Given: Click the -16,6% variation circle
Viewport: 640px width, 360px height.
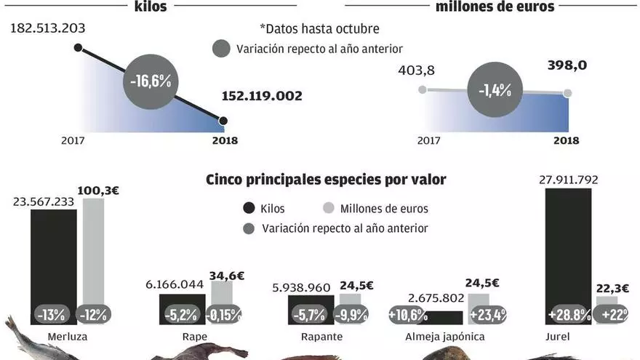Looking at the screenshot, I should [151, 80].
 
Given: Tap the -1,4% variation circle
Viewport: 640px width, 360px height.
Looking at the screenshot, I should [495, 90].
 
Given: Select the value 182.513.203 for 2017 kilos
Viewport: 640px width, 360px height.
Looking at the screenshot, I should [47, 28].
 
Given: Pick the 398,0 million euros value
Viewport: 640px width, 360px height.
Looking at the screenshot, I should [567, 65].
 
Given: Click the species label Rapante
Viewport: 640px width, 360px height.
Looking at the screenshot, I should [321, 337].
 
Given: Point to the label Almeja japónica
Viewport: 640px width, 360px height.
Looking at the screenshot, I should [444, 337].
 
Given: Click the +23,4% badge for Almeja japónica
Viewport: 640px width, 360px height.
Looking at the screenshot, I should [487, 315].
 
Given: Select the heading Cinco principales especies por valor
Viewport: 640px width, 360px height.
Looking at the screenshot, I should [326, 179].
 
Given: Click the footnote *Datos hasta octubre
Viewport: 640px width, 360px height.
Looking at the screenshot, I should [319, 28].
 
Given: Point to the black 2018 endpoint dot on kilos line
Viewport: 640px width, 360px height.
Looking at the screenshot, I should [223, 121].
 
